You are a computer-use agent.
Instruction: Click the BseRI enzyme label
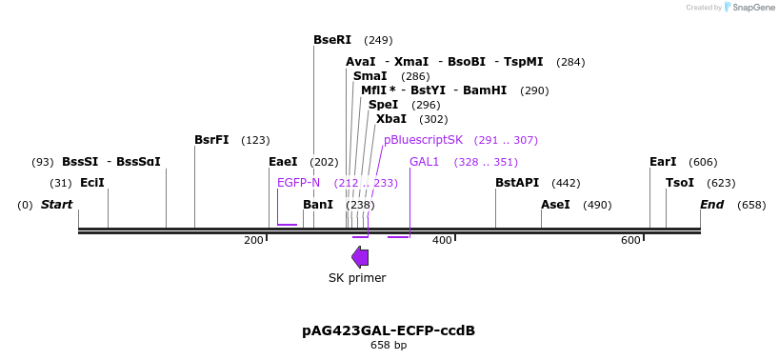click(332, 40)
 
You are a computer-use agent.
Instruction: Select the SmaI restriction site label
click(370, 76)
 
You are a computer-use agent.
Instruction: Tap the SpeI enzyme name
click(383, 105)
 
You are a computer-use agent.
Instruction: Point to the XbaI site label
click(390, 119)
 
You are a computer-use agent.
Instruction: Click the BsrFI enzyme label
click(211, 140)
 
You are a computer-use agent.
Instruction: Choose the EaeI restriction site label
click(283, 162)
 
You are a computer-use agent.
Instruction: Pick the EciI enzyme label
click(92, 183)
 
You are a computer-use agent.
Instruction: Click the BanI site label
click(318, 205)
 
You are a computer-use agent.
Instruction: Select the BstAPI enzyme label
click(517, 183)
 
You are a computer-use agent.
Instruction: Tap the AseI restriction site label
click(555, 205)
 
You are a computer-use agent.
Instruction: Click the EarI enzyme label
click(663, 162)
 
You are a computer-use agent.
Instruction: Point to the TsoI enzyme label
click(680, 183)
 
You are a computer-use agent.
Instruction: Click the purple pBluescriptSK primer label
click(423, 140)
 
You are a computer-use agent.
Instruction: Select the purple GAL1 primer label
click(424, 162)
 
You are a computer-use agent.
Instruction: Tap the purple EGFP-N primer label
click(298, 183)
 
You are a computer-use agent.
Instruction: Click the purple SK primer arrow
click(360, 256)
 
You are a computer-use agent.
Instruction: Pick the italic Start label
click(56, 205)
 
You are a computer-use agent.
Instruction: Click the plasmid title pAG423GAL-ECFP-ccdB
click(389, 330)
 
